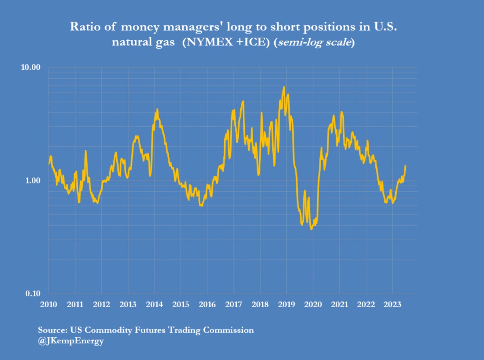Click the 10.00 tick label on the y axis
[31, 67]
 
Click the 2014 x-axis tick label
[154, 304]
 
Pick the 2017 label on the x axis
[234, 304]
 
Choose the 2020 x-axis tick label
[313, 304]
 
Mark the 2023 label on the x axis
[392, 304]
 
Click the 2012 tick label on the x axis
[102, 304]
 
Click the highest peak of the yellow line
[284, 87]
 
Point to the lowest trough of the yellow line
[311, 229]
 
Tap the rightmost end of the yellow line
[405, 166]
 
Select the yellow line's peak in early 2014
[157, 109]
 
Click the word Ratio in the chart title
[82, 27]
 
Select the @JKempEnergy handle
[71, 341]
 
